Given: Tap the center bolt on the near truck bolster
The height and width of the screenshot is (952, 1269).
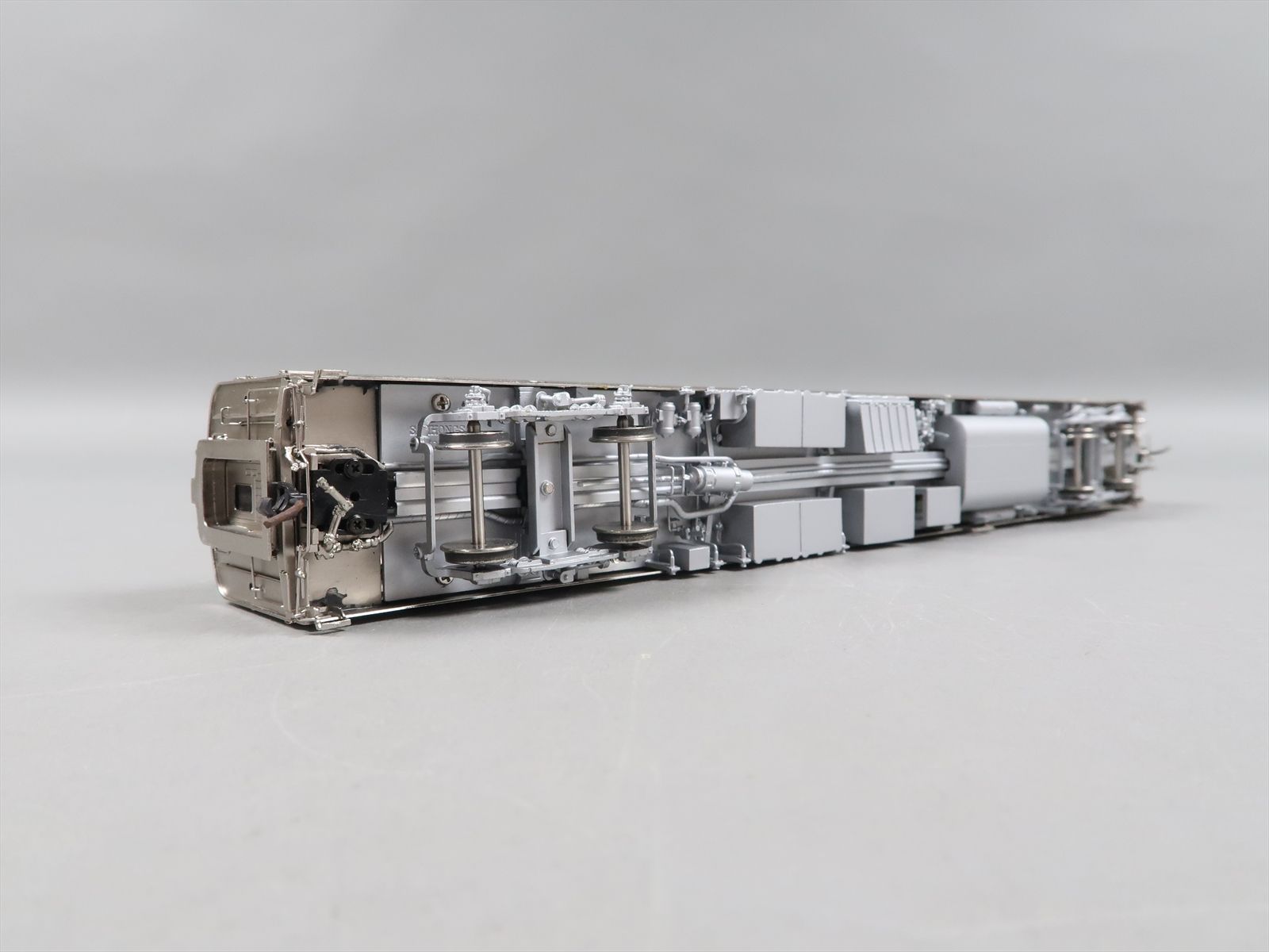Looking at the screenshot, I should tap(546, 485).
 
